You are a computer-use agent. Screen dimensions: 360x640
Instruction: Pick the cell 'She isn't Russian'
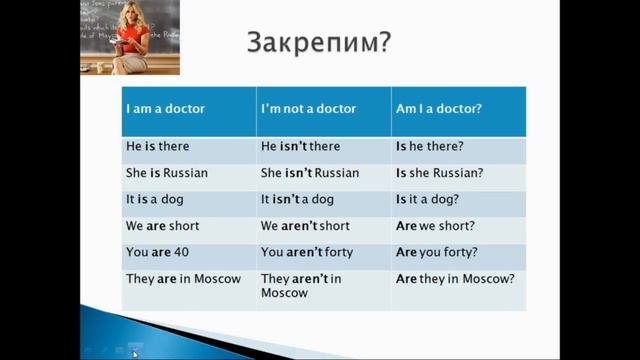(x=309, y=172)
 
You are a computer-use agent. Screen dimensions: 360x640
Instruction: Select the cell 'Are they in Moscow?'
(x=455, y=278)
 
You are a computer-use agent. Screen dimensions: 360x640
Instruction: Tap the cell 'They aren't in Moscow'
(x=301, y=286)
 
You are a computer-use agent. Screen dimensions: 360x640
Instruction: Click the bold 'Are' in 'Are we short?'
(x=406, y=226)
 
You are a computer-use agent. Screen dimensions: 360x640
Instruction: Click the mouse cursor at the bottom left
(x=135, y=352)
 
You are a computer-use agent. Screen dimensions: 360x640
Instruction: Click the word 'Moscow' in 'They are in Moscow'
(x=219, y=278)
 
